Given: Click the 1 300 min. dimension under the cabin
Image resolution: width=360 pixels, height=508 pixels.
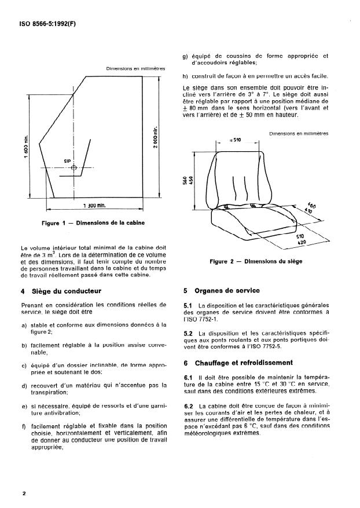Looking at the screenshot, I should pyautogui.click(x=95, y=206).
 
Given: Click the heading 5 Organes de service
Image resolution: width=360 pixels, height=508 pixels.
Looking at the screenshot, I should pyautogui.click(x=221, y=291).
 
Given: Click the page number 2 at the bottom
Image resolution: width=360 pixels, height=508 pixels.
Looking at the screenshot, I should pyautogui.click(x=24, y=494).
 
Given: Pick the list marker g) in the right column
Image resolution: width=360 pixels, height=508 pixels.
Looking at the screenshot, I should pyautogui.click(x=185, y=56).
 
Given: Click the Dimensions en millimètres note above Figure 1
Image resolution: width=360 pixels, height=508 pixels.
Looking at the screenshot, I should pyautogui.click(x=135, y=68).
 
